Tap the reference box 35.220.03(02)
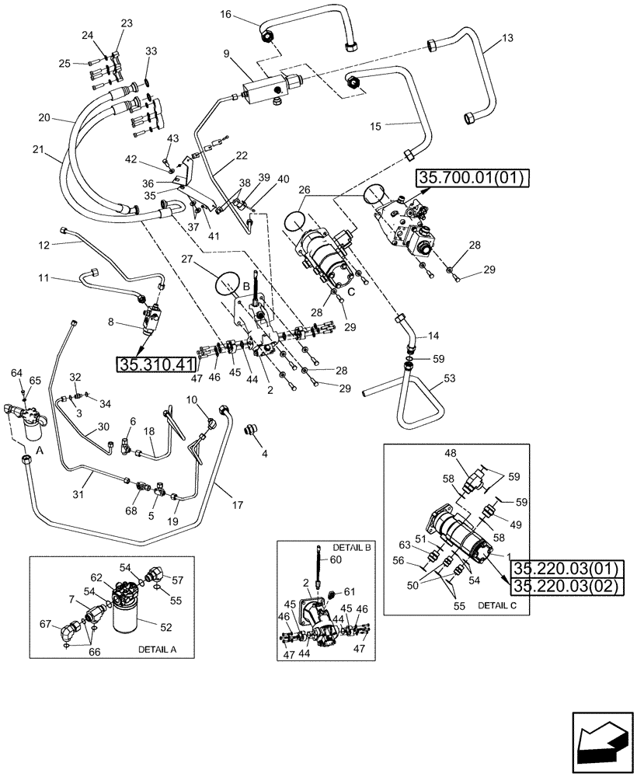[565, 587]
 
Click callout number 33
[151, 51]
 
